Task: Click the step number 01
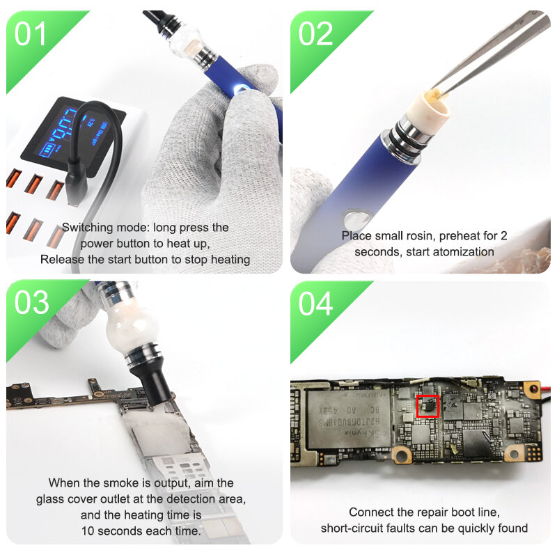(x=32, y=33)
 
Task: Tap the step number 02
(x=316, y=33)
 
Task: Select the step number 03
(x=32, y=303)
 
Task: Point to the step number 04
(x=316, y=303)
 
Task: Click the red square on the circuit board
(x=427, y=406)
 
